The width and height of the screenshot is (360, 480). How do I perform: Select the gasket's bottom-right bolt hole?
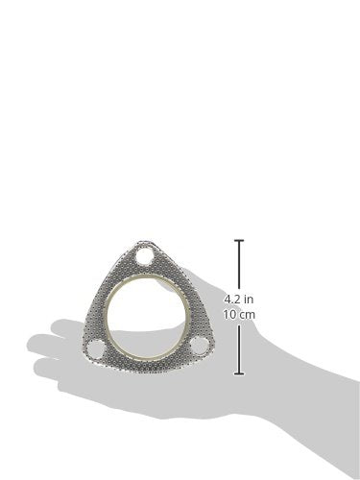pos(196,346)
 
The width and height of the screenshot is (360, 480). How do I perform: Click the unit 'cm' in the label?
pos(249,314)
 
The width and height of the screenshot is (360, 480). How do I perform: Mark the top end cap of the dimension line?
pos(239,240)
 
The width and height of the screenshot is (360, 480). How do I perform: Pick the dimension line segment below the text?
pos(239,348)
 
